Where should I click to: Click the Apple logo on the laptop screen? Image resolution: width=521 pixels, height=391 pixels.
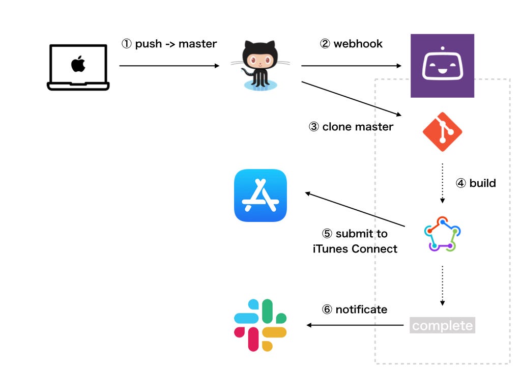[78, 64]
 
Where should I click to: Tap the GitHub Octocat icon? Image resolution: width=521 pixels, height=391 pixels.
[260, 65]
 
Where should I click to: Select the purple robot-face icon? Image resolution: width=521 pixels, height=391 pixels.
[442, 66]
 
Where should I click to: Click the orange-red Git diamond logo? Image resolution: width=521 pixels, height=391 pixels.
[442, 132]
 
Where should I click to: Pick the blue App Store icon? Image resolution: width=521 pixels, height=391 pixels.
[260, 195]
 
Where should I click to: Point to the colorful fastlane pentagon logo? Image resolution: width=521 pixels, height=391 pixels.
[442, 234]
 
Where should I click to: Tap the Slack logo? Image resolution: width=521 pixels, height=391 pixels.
[260, 325]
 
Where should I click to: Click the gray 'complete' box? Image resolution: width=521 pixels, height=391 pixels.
[442, 325]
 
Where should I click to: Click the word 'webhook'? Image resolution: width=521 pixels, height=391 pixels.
[358, 44]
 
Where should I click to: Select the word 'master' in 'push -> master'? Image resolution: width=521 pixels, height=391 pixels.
[197, 44]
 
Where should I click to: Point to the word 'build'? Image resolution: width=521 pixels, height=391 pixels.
[482, 183]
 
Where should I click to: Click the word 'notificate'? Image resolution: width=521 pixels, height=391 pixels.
[361, 310]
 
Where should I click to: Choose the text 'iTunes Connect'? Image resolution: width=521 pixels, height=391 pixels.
[355, 248]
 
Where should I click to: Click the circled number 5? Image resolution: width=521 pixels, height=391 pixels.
[327, 233]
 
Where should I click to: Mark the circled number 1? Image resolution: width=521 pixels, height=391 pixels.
[126, 44]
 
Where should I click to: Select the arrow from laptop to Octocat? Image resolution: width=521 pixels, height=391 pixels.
[169, 66]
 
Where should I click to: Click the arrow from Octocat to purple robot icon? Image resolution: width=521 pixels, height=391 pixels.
[351, 66]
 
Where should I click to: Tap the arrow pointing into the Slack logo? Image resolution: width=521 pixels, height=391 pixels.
[355, 325]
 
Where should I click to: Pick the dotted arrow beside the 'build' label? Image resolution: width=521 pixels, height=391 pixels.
[442, 183]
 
